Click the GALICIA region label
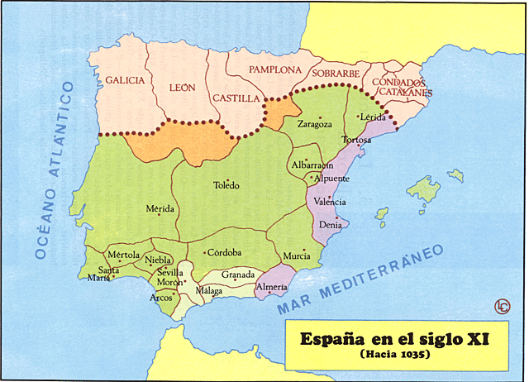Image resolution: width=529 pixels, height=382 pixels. click(x=125, y=80)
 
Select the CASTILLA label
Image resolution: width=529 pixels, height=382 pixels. click(x=236, y=98)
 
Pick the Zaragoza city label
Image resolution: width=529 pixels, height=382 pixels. click(x=314, y=124)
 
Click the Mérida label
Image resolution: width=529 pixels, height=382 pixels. click(x=160, y=208)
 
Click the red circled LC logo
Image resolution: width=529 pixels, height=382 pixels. click(x=502, y=306)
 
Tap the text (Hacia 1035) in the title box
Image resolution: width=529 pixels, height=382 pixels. click(x=396, y=354)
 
